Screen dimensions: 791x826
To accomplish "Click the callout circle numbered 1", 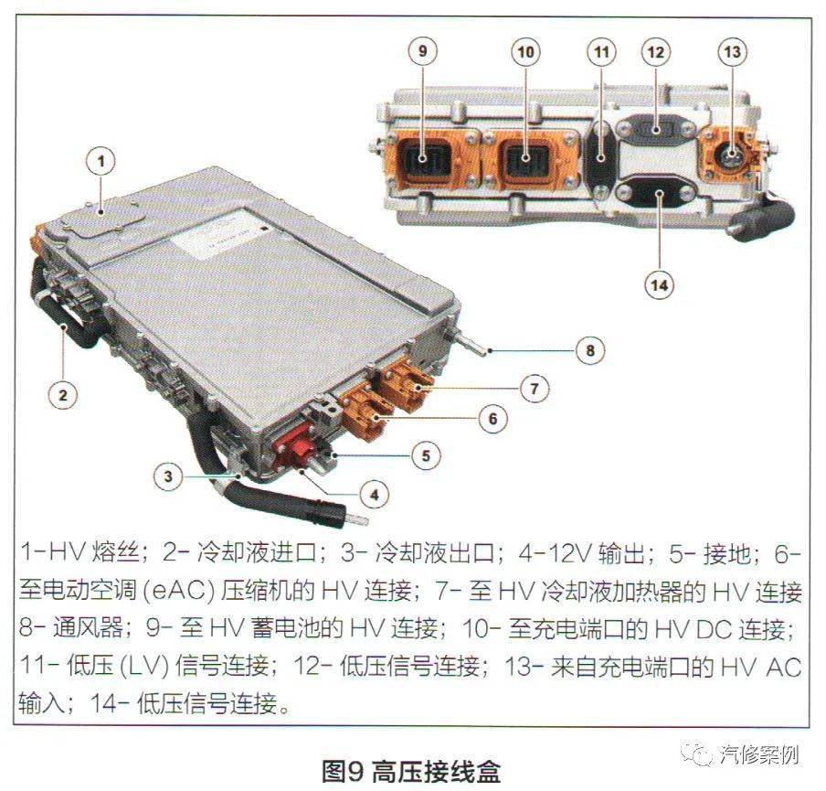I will click(x=101, y=162).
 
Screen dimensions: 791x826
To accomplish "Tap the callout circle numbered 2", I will click(x=62, y=395).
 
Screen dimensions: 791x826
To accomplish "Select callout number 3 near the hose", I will click(x=167, y=476).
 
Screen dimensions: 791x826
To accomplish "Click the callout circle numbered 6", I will click(x=492, y=419).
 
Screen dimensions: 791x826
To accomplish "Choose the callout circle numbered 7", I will click(x=535, y=387).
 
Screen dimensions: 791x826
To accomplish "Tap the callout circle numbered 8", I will click(x=589, y=349).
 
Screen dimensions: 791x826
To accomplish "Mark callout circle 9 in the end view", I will click(x=421, y=52).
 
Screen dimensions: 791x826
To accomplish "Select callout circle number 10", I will click(x=524, y=52).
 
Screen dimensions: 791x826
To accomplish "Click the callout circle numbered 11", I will click(x=600, y=52).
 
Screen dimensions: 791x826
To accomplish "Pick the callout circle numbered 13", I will click(x=732, y=52).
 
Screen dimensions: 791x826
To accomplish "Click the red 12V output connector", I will click(x=295, y=448).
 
